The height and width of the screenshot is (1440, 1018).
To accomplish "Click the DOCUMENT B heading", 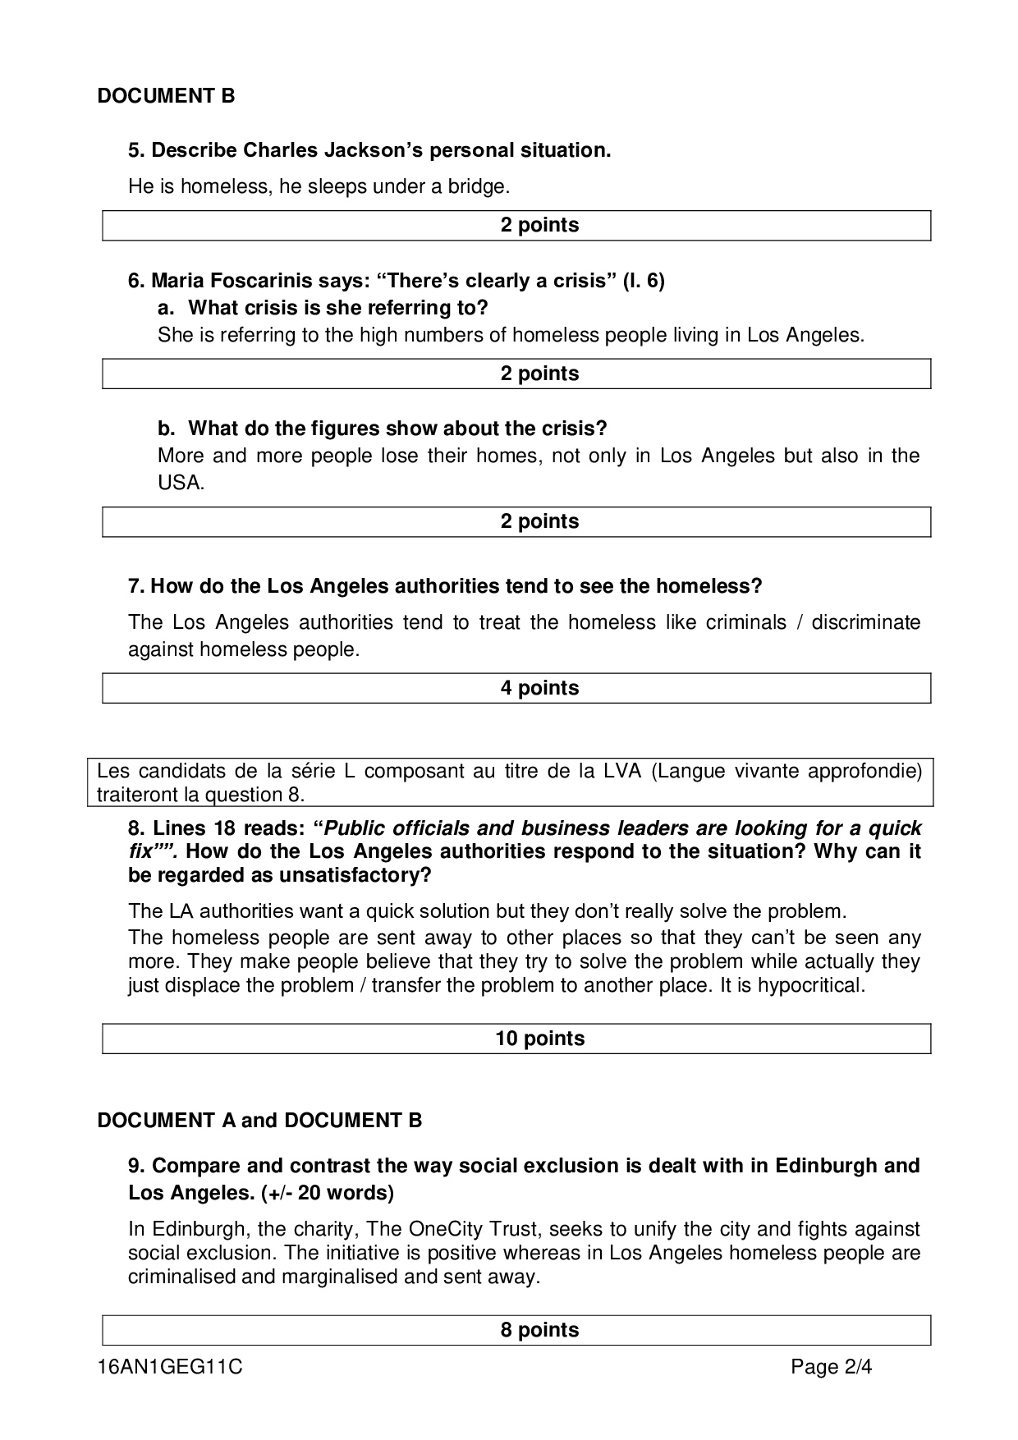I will (x=166, y=96).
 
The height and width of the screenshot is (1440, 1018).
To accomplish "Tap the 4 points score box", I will (x=516, y=688).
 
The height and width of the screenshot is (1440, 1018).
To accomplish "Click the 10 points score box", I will (x=516, y=1039).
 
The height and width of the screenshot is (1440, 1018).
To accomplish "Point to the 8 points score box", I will (x=516, y=1330).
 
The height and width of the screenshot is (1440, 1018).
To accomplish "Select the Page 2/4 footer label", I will (x=831, y=1368).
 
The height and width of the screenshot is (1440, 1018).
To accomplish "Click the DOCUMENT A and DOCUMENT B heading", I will (x=259, y=1121).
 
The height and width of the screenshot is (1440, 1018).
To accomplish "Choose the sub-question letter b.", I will (x=165, y=429).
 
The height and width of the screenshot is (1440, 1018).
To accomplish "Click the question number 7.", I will (x=135, y=586).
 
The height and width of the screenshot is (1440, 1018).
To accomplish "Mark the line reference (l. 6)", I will (x=643, y=281).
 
